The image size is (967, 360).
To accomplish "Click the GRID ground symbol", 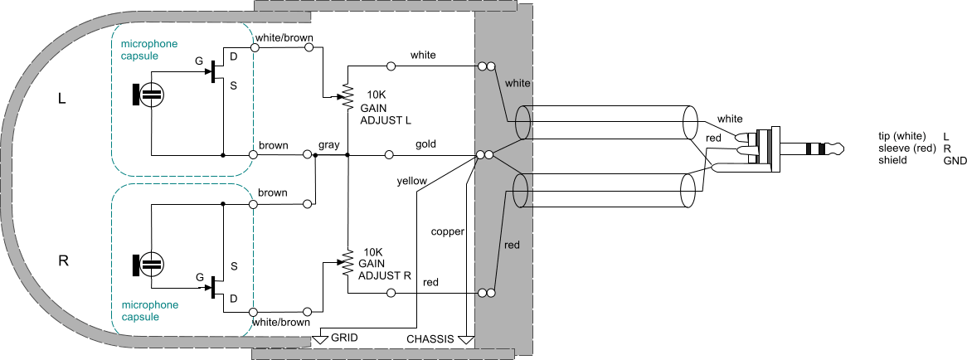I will click(x=323, y=338).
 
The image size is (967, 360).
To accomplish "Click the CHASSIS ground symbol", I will click(x=466, y=339).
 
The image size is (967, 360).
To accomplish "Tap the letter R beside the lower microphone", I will click(x=63, y=260).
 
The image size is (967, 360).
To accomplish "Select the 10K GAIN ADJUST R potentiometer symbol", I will click(x=347, y=263).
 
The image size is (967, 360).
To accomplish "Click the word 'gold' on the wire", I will click(x=427, y=144).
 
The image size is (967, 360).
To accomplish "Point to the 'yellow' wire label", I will click(x=412, y=179).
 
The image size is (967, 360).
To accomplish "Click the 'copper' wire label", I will click(x=448, y=231).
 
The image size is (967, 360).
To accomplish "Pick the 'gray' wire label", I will click(x=329, y=145).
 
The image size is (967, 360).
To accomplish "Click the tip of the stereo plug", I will click(x=838, y=149).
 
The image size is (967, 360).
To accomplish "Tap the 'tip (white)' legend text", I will click(x=904, y=135).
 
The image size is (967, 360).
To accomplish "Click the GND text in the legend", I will click(x=954, y=160).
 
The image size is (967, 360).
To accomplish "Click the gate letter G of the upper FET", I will click(x=198, y=61).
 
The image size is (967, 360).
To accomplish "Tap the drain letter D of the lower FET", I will click(x=233, y=298).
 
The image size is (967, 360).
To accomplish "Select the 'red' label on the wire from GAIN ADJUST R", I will click(x=430, y=283).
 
